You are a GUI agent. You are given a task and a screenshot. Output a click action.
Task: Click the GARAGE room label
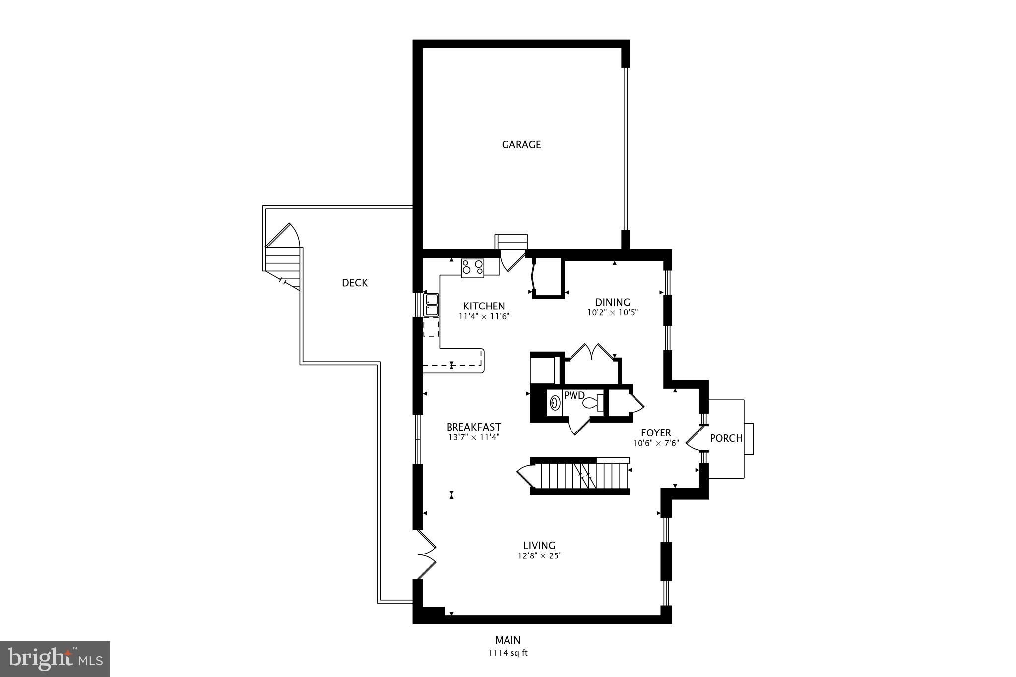[x=521, y=145]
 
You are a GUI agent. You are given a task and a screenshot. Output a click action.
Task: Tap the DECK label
[x=355, y=283]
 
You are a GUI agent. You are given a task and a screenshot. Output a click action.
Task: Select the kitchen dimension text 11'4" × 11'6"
[x=484, y=316]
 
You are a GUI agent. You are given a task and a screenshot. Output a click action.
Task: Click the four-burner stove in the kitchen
[x=472, y=268]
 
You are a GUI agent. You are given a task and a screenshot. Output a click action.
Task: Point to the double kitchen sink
[x=431, y=305]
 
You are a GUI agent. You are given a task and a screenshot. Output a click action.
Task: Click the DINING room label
[x=612, y=302]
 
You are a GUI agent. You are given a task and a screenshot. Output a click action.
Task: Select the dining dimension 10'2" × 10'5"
[x=612, y=313]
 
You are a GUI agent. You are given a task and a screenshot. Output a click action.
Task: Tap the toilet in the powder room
[x=593, y=402]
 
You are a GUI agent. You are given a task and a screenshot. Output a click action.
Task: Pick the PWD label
[x=574, y=396]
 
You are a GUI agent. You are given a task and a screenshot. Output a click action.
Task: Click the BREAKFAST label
[x=474, y=427]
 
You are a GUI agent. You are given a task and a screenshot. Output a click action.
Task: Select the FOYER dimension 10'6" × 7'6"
[x=656, y=444]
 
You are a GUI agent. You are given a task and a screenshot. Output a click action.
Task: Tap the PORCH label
[x=726, y=438]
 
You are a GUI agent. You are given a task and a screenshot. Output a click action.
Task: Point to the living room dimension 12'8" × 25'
[x=539, y=556]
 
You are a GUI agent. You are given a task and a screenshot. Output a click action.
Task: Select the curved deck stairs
[x=283, y=255]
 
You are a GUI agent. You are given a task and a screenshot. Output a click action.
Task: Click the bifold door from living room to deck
[x=426, y=555]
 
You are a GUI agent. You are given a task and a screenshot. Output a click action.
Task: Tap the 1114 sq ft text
[x=508, y=653]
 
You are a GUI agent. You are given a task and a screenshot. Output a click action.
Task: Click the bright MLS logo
[x=55, y=659]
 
